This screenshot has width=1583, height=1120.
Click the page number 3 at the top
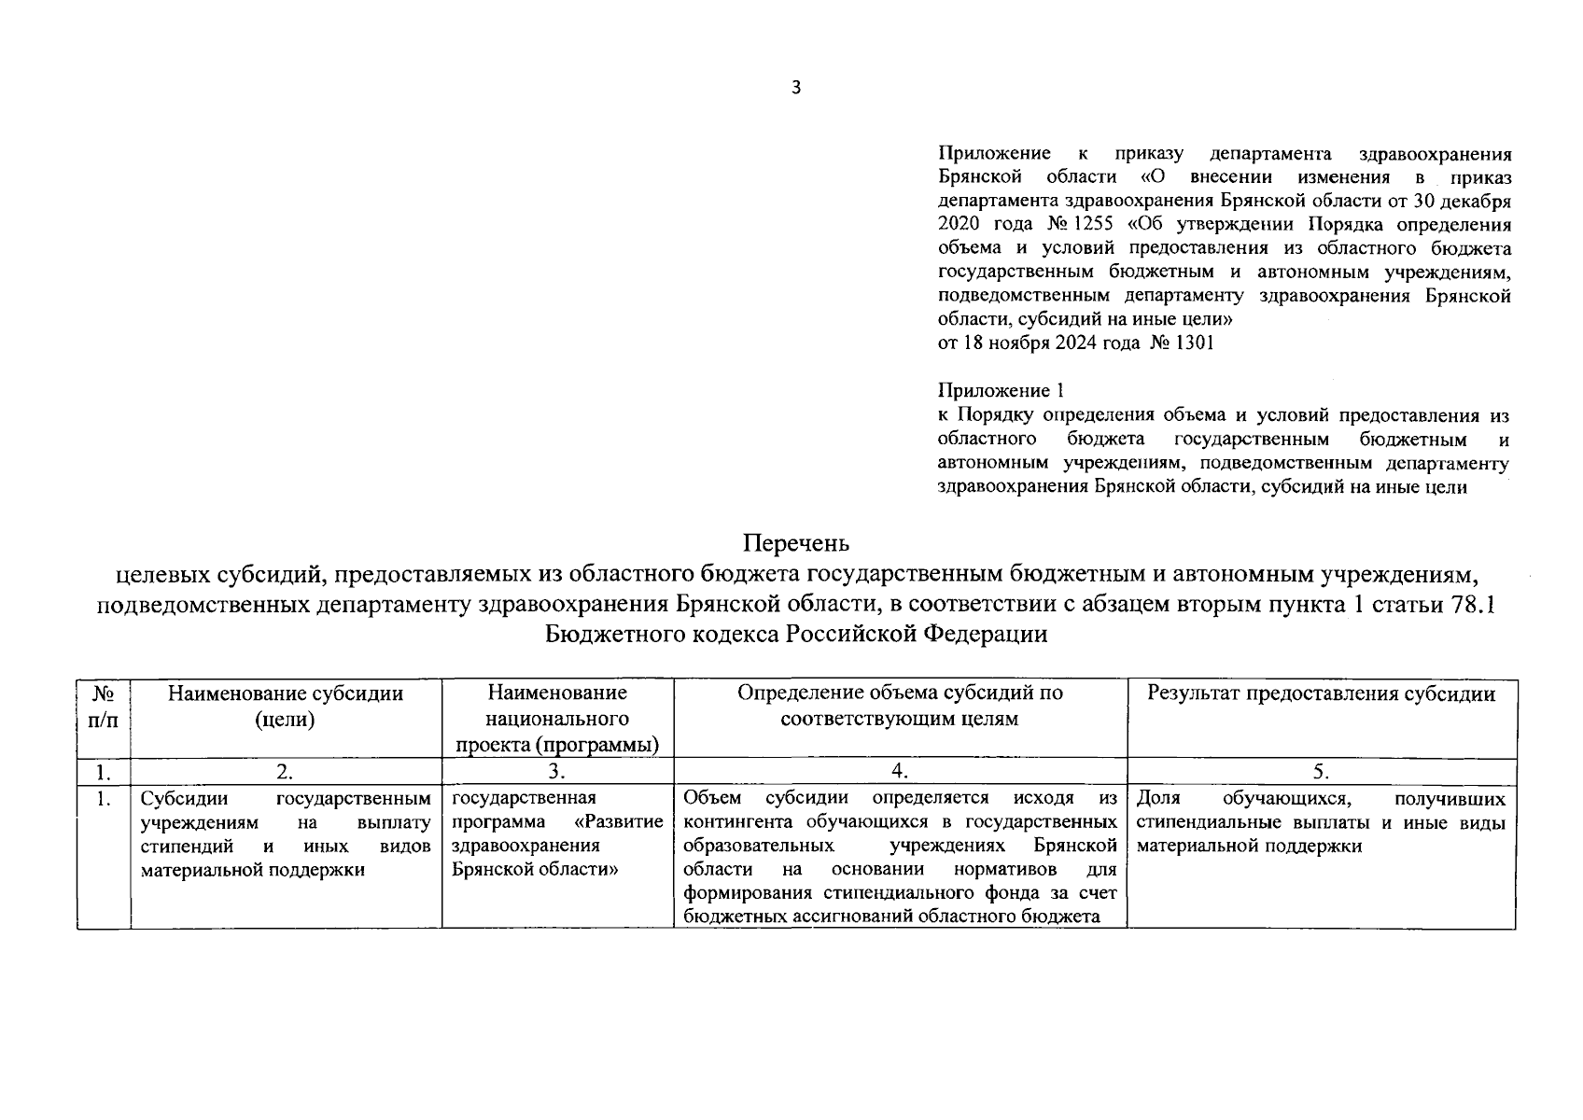tap(795, 89)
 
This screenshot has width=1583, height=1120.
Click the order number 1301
tap(1196, 343)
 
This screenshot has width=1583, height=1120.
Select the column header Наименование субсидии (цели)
tap(286, 706)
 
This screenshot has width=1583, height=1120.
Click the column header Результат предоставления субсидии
tap(1321, 693)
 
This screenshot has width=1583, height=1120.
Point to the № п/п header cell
tap(104, 707)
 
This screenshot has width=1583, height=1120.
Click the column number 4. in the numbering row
tap(900, 771)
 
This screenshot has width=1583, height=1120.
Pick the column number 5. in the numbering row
tap(1321, 771)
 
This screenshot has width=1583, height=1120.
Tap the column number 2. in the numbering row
tap(286, 771)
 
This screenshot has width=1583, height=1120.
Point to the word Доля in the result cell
tap(1158, 799)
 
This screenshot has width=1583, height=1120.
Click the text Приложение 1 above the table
tap(1000, 391)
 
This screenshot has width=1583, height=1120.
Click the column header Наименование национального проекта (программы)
tap(557, 718)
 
